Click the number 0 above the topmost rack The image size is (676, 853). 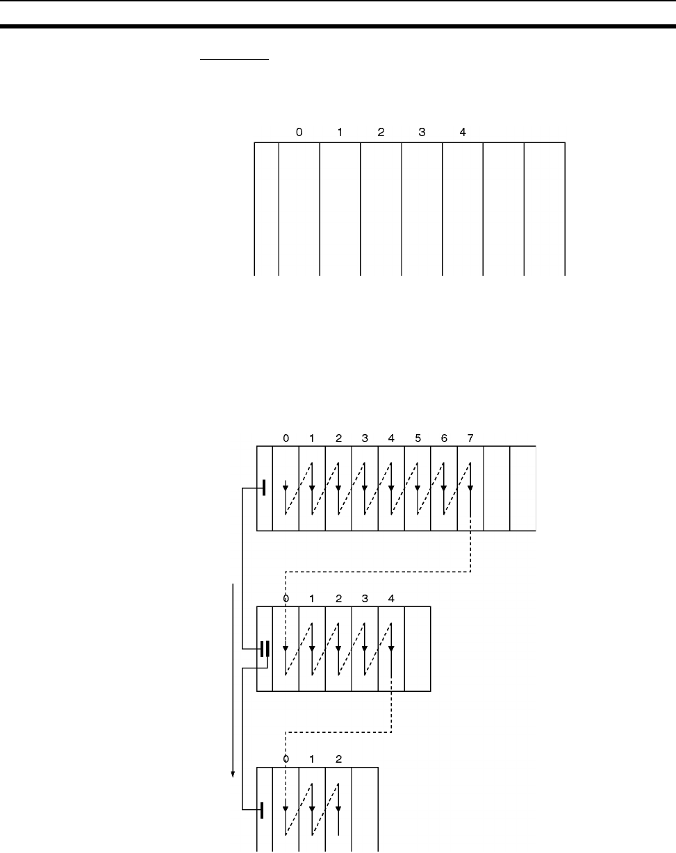299,132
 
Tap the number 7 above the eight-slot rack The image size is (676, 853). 470,438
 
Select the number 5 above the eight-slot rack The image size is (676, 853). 418,438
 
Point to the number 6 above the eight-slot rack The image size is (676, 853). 444,438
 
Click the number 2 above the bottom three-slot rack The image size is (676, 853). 338,759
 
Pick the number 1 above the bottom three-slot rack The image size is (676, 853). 312,759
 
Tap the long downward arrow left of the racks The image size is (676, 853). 233,681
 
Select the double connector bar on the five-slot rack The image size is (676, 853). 265,649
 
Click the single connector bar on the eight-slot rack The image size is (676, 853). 264,488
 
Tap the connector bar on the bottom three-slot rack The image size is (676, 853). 263,809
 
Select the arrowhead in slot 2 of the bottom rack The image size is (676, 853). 338,809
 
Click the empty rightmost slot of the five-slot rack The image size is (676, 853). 418,649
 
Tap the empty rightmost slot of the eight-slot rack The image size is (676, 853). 522,488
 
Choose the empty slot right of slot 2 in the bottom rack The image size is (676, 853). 365,809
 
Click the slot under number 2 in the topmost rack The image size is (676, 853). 381,208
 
